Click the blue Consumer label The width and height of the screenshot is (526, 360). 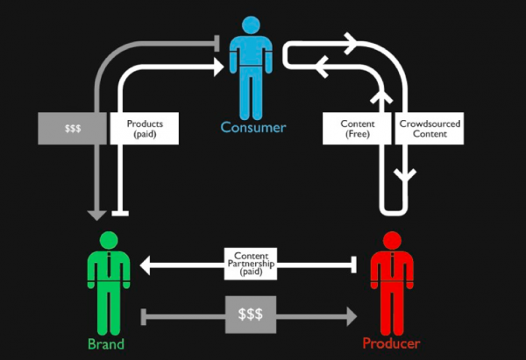(x=253, y=128)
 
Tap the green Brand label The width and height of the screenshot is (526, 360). (x=106, y=344)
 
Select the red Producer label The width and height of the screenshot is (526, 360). (x=391, y=343)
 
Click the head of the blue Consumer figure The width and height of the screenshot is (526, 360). (x=251, y=25)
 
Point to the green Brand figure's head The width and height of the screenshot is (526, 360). (x=109, y=240)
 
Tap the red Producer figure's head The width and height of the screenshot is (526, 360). (x=392, y=240)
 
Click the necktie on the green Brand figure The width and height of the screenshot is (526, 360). (x=109, y=265)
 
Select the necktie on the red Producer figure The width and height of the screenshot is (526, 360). (x=392, y=265)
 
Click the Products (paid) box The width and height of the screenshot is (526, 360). (x=145, y=129)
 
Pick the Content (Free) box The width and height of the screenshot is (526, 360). (x=357, y=129)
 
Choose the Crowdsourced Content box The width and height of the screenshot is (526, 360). (x=430, y=129)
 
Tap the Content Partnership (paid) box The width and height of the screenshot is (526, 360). (x=251, y=264)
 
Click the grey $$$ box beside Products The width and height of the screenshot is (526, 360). (x=72, y=129)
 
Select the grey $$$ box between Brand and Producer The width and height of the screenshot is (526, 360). (x=251, y=314)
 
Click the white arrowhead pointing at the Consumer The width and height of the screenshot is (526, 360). (x=218, y=67)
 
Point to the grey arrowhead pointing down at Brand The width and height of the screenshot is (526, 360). (x=96, y=215)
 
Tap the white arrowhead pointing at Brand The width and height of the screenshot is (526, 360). (x=145, y=265)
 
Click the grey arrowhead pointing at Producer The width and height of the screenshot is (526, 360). (x=352, y=316)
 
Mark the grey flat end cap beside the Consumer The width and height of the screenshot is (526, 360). (x=217, y=43)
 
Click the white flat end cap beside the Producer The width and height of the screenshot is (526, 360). (x=353, y=265)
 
